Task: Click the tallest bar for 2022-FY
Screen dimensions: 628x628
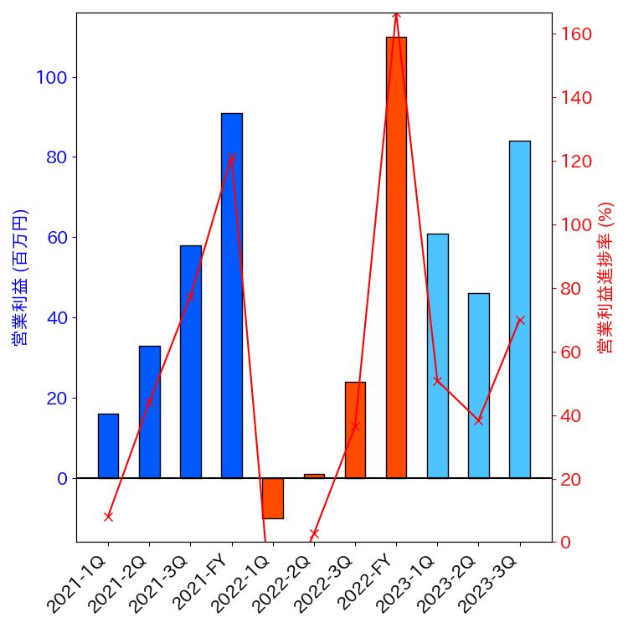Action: [x=396, y=257]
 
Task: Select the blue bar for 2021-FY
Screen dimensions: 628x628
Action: [x=232, y=295]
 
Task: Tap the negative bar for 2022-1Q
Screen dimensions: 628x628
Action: [x=273, y=498]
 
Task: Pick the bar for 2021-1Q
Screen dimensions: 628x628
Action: [x=108, y=445]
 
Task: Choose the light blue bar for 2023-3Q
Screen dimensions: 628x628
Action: [x=520, y=309]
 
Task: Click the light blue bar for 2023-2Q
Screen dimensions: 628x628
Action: [x=478, y=385]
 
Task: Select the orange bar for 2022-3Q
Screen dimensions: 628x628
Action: [x=355, y=430]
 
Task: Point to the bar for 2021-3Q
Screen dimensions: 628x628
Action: [x=191, y=361]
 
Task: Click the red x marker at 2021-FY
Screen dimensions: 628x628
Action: [x=232, y=157]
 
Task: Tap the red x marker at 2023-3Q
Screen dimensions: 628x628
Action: [x=520, y=320]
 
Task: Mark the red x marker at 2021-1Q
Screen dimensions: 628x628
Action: [x=108, y=517]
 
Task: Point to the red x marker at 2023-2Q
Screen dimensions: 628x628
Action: [x=478, y=420]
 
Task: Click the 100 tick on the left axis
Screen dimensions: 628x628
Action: [x=53, y=77]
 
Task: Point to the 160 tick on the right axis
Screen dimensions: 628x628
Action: [x=576, y=34]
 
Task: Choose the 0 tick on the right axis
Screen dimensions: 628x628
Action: [x=566, y=543]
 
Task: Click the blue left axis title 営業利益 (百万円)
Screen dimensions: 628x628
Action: [x=20, y=277]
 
